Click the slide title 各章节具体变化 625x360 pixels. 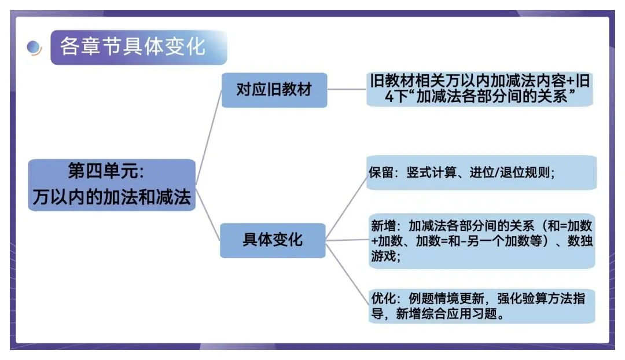tap(133, 46)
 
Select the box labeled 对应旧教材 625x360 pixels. tap(274, 90)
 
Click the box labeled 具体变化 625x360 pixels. tap(273, 240)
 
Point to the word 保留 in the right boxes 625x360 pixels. tap(380, 172)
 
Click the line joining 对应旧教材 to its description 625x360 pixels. tap(347, 90)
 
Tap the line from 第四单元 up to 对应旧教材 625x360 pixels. tap(208, 139)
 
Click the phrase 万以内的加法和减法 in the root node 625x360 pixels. tap(112, 197)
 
